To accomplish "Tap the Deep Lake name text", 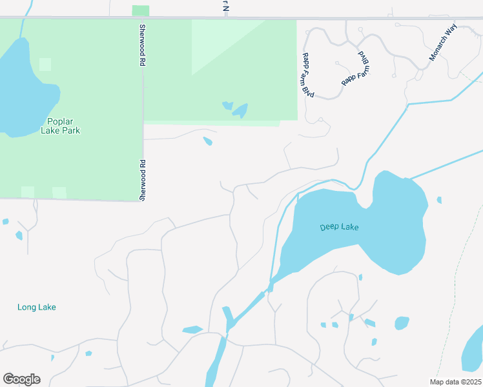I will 339,227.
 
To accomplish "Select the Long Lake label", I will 37,307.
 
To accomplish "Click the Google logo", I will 21,379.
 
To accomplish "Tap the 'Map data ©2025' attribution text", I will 454,382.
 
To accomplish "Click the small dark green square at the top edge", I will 140,11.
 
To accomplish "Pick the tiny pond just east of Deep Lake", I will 439,200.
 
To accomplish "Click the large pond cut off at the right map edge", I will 474,352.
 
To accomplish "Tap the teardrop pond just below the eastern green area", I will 207,141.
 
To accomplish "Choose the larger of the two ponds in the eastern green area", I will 240,111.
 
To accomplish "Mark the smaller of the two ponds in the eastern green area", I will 227,104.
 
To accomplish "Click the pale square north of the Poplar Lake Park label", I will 45,64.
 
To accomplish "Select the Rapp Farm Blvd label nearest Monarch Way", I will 357,69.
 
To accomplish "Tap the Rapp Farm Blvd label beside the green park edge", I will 307,75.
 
